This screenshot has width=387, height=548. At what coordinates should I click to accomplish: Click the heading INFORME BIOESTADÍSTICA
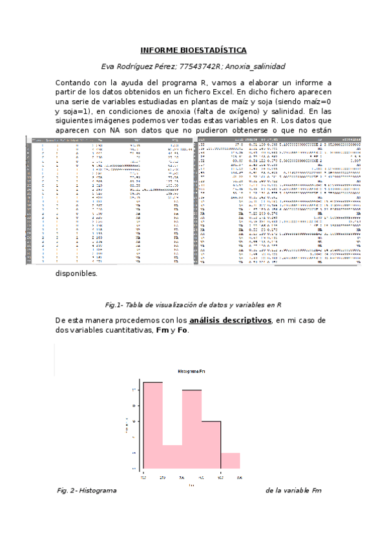click(193, 50)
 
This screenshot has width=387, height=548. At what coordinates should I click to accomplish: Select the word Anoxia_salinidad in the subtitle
click(255, 67)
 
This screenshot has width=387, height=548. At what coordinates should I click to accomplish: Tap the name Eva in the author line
click(110, 67)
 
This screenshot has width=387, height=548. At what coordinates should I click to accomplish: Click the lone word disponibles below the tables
click(77, 273)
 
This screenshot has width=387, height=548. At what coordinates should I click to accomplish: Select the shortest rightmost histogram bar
click(231, 460)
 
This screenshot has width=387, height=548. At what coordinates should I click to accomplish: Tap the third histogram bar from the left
click(192, 429)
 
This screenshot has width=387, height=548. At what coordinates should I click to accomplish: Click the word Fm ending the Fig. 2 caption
click(316, 491)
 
